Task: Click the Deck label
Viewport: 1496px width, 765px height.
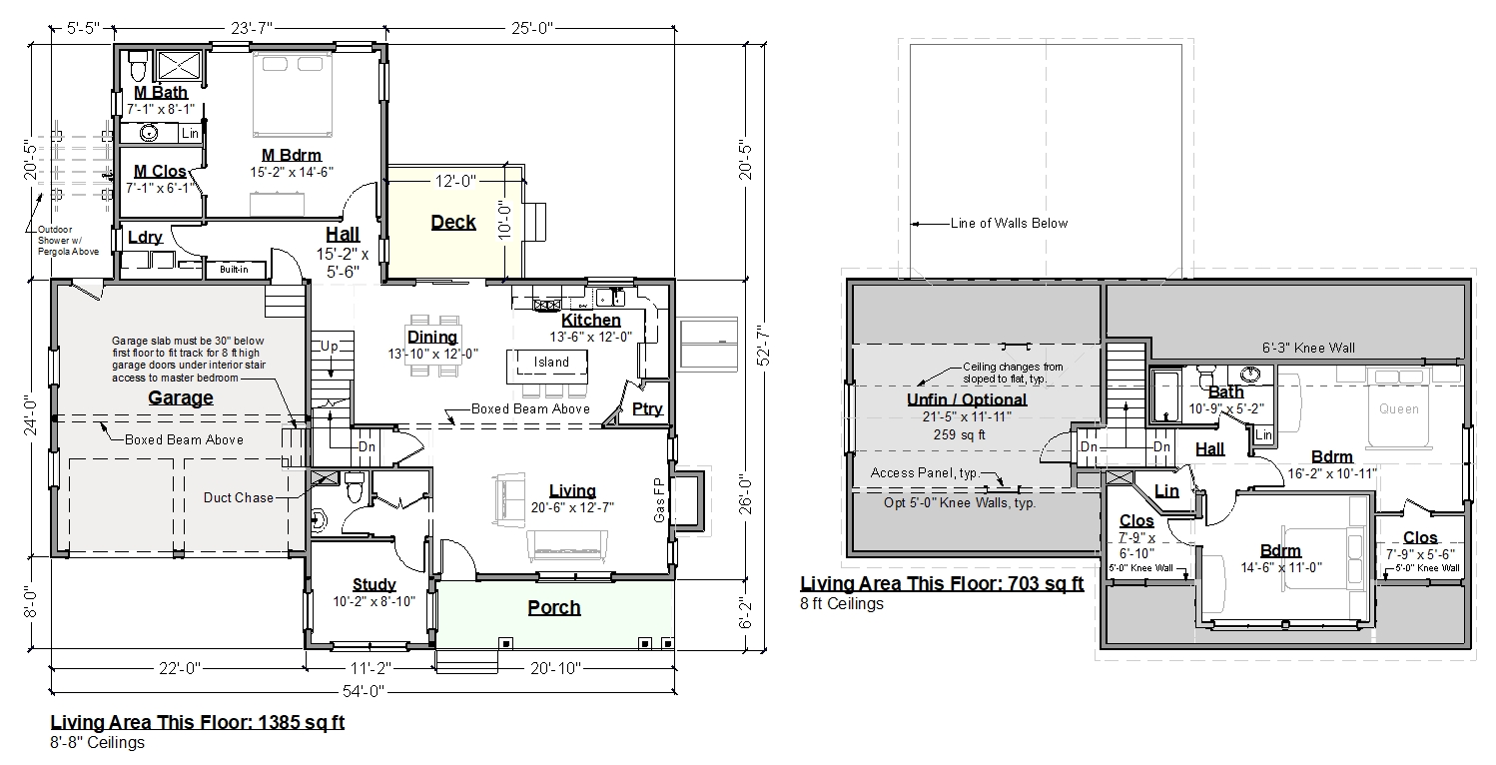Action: click(453, 222)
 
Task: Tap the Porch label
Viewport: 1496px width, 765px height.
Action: click(554, 607)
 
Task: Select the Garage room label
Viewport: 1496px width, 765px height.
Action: click(181, 397)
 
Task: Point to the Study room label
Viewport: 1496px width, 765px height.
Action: click(374, 584)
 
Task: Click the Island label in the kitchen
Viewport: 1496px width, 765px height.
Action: click(551, 363)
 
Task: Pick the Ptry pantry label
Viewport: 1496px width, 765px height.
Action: click(647, 408)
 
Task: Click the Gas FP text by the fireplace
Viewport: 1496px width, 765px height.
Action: click(660, 499)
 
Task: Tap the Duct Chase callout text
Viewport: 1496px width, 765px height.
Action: click(239, 497)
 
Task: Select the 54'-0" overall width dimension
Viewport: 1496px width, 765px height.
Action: click(364, 691)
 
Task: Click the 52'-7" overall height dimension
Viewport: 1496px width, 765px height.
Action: click(764, 346)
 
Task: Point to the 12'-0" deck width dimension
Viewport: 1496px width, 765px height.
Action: click(455, 181)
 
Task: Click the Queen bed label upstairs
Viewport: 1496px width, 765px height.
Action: click(1399, 408)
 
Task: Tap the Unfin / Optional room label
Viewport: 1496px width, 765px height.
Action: click(967, 399)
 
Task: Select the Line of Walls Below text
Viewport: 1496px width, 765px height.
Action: click(1009, 223)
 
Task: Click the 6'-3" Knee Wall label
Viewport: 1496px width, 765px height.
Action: click(1308, 348)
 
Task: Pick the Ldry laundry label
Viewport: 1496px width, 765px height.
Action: click(145, 237)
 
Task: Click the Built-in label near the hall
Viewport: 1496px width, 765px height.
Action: click(234, 270)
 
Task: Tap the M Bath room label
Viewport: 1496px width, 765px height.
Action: click(161, 92)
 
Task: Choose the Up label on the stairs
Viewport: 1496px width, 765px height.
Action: click(330, 347)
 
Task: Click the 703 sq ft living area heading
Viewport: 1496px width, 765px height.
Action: click(942, 584)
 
